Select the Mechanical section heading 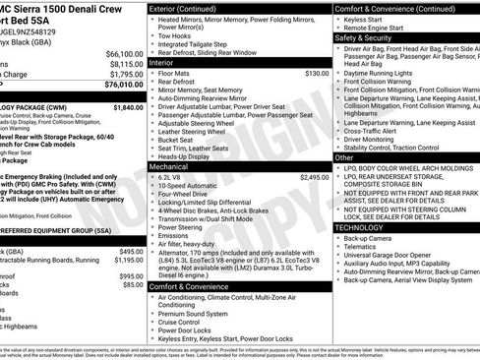coord(169,166)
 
